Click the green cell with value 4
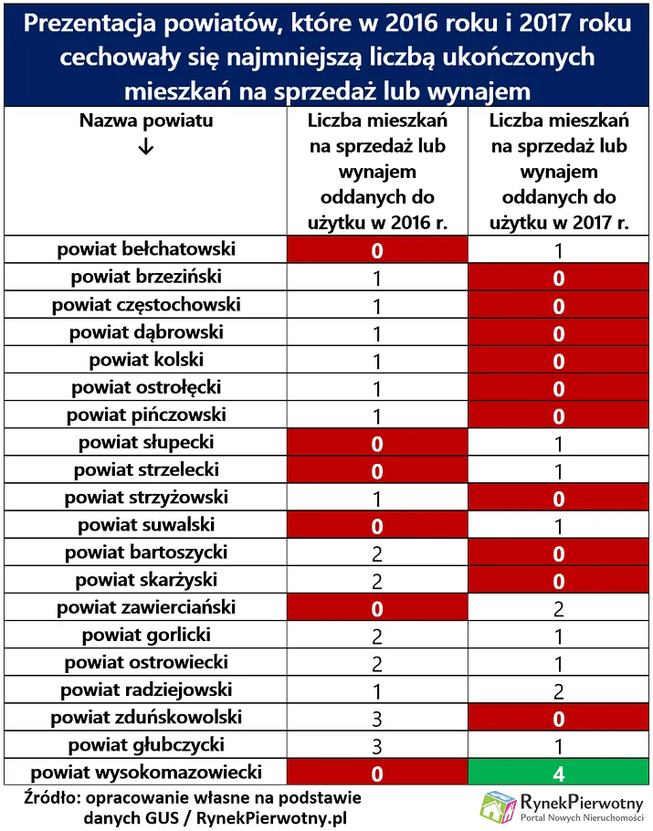pyautogui.click(x=558, y=773)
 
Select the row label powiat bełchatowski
pyautogui.click(x=146, y=249)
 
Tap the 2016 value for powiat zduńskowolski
pyautogui.click(x=377, y=718)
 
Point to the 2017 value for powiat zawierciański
pyautogui.click(x=558, y=608)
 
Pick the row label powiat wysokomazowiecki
pyautogui.click(x=146, y=772)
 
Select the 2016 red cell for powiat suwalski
pyautogui.click(x=377, y=526)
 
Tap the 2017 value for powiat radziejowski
pyautogui.click(x=558, y=690)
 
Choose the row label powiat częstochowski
pyautogui.click(x=146, y=304)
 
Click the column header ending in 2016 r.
pyautogui.click(x=377, y=172)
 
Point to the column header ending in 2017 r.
pyautogui.click(x=558, y=172)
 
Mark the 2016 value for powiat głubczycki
pyautogui.click(x=377, y=745)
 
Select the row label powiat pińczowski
pyautogui.click(x=146, y=415)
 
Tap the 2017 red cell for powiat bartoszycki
pyautogui.click(x=558, y=553)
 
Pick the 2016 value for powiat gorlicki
pyautogui.click(x=377, y=636)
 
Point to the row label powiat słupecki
pyautogui.click(x=146, y=442)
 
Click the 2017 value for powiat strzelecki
pyautogui.click(x=558, y=471)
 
